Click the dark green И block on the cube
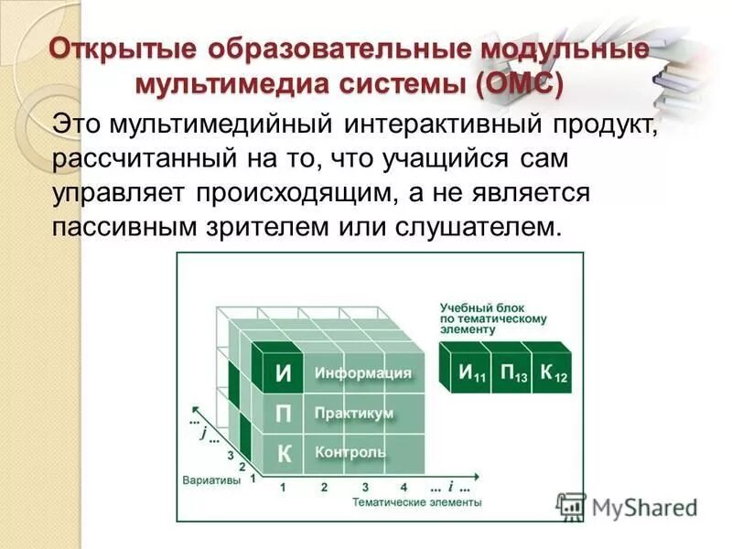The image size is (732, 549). (284, 373)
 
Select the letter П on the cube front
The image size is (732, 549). (284, 414)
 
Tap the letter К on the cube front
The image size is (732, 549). (284, 452)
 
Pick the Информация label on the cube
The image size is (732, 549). (363, 373)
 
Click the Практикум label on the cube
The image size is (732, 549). (354, 414)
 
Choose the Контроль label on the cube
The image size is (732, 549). (350, 452)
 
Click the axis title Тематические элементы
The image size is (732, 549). (416, 502)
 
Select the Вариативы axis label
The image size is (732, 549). (211, 479)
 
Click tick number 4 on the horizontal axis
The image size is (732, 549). (404, 487)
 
